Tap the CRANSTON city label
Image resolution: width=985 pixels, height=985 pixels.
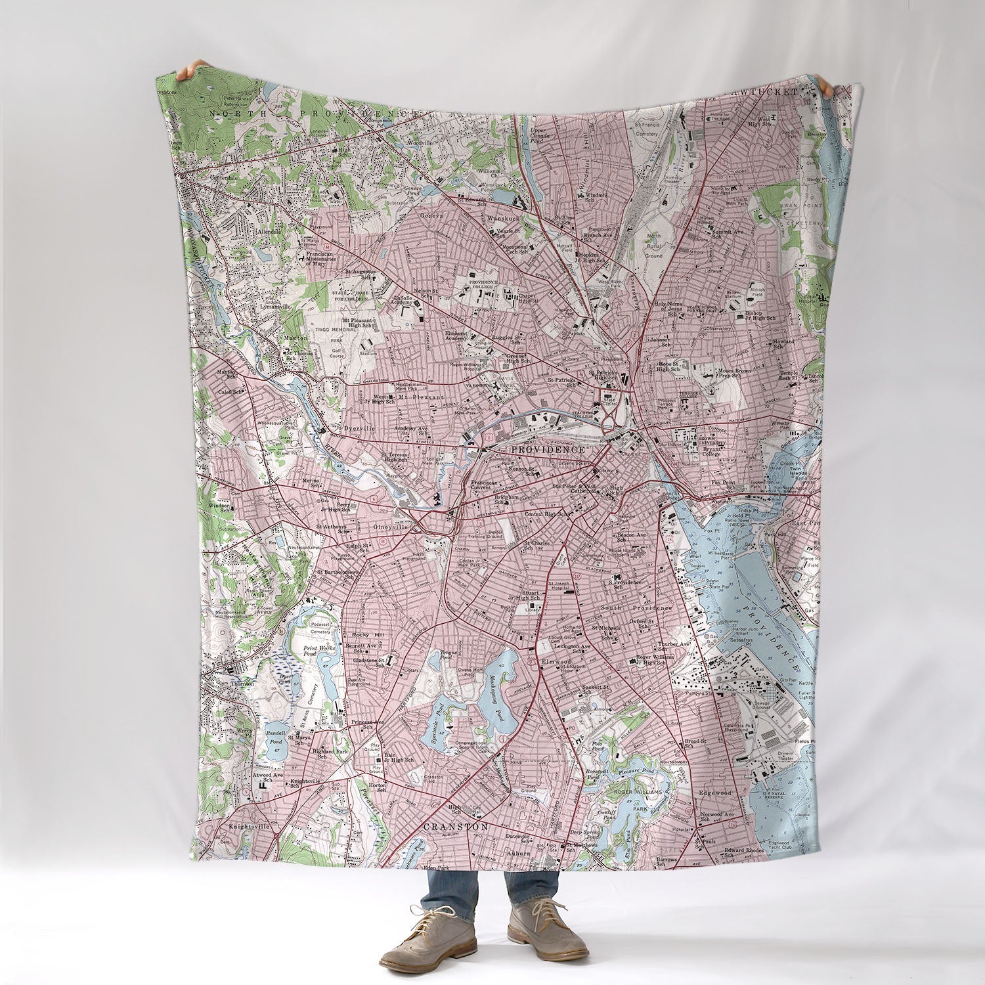tap(456, 827)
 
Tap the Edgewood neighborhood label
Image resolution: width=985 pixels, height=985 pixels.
tap(715, 793)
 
